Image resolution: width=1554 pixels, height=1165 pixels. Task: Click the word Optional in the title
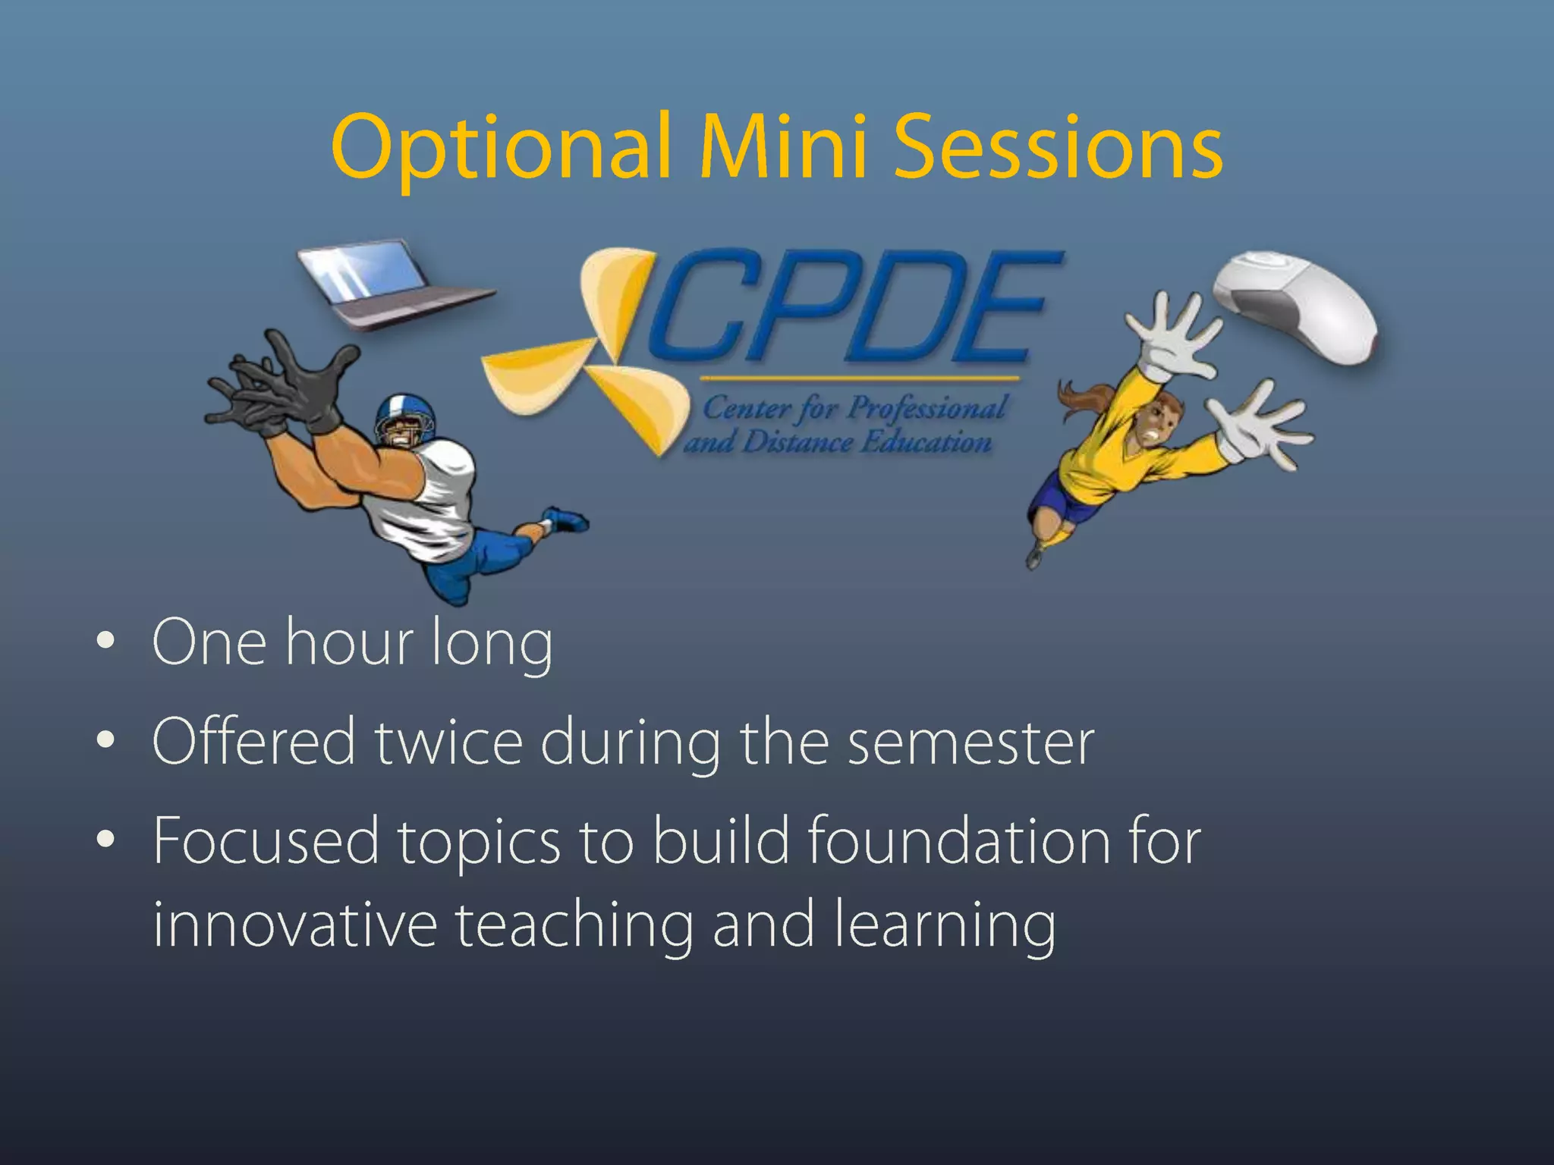(x=501, y=148)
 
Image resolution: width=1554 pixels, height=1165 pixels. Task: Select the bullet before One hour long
(x=105, y=642)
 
